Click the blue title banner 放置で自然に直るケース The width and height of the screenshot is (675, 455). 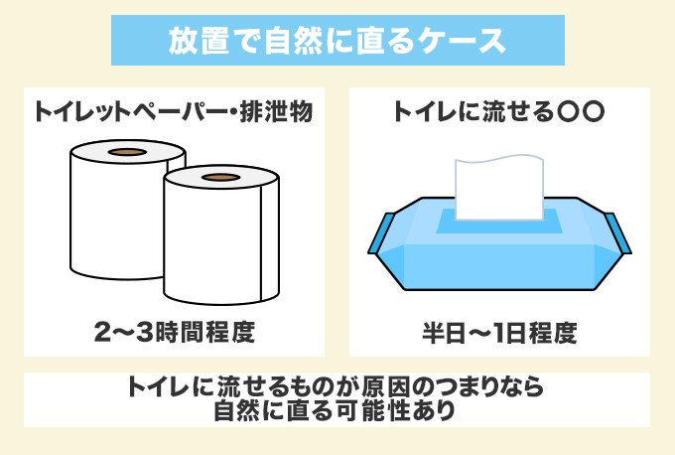pyautogui.click(x=337, y=43)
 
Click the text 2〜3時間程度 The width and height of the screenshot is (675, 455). pyautogui.click(x=175, y=332)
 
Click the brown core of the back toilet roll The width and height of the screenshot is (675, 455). pyautogui.click(x=125, y=153)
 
